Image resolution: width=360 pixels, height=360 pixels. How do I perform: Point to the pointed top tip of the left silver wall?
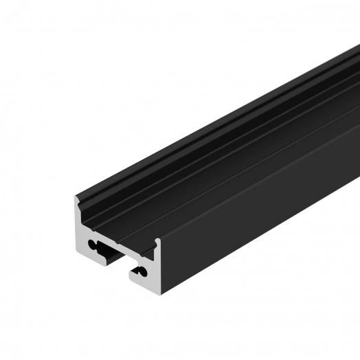(x=76, y=199)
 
